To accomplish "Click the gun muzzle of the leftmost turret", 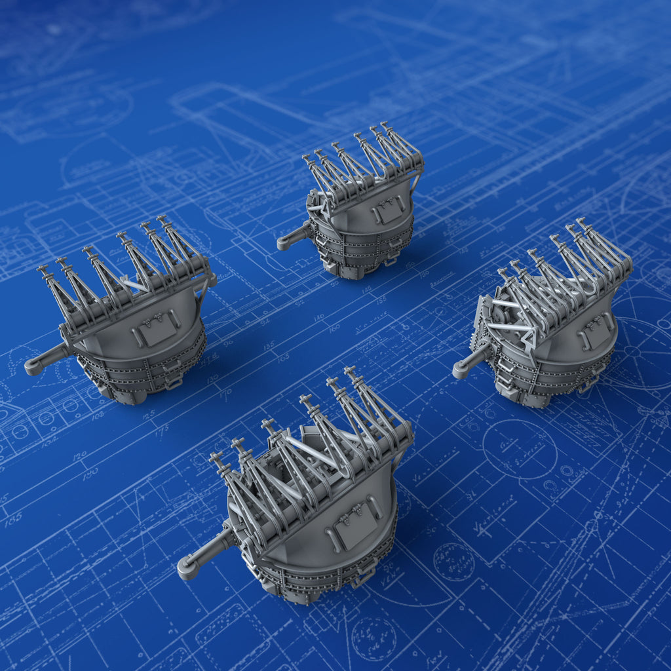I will tap(33, 367).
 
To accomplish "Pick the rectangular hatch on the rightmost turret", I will tap(595, 331).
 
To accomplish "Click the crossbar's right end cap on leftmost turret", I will tap(212, 281).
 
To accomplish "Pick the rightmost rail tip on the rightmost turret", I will tap(581, 222).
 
